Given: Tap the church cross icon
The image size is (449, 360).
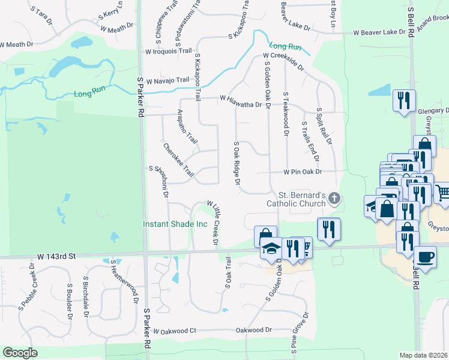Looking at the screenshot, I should click(x=335, y=197).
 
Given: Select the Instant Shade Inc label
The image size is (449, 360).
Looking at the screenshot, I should click(x=175, y=224).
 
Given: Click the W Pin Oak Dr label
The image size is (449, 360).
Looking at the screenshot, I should click(x=303, y=172).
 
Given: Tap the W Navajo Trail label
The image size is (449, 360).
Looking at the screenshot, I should click(x=167, y=80).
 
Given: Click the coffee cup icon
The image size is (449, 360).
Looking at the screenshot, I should click(x=426, y=256).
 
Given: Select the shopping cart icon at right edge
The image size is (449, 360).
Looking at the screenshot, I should click(x=442, y=193).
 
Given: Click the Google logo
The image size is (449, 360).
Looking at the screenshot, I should click(x=20, y=352).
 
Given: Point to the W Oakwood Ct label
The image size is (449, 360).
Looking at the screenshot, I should click(x=175, y=331).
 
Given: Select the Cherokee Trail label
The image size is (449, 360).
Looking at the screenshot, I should click(x=179, y=160).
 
